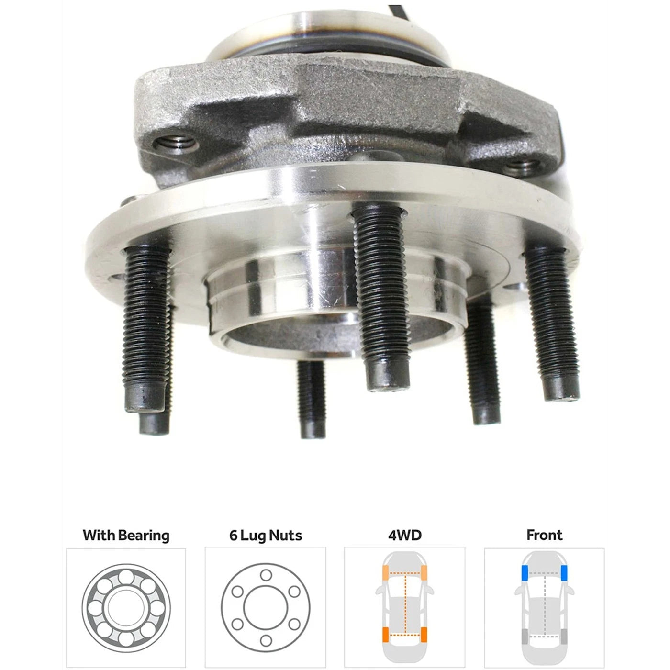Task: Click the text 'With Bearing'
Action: (126, 536)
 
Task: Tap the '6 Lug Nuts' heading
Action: (266, 536)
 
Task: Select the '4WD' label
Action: (405, 535)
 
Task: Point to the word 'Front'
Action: (545, 535)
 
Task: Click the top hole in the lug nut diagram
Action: (266, 575)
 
